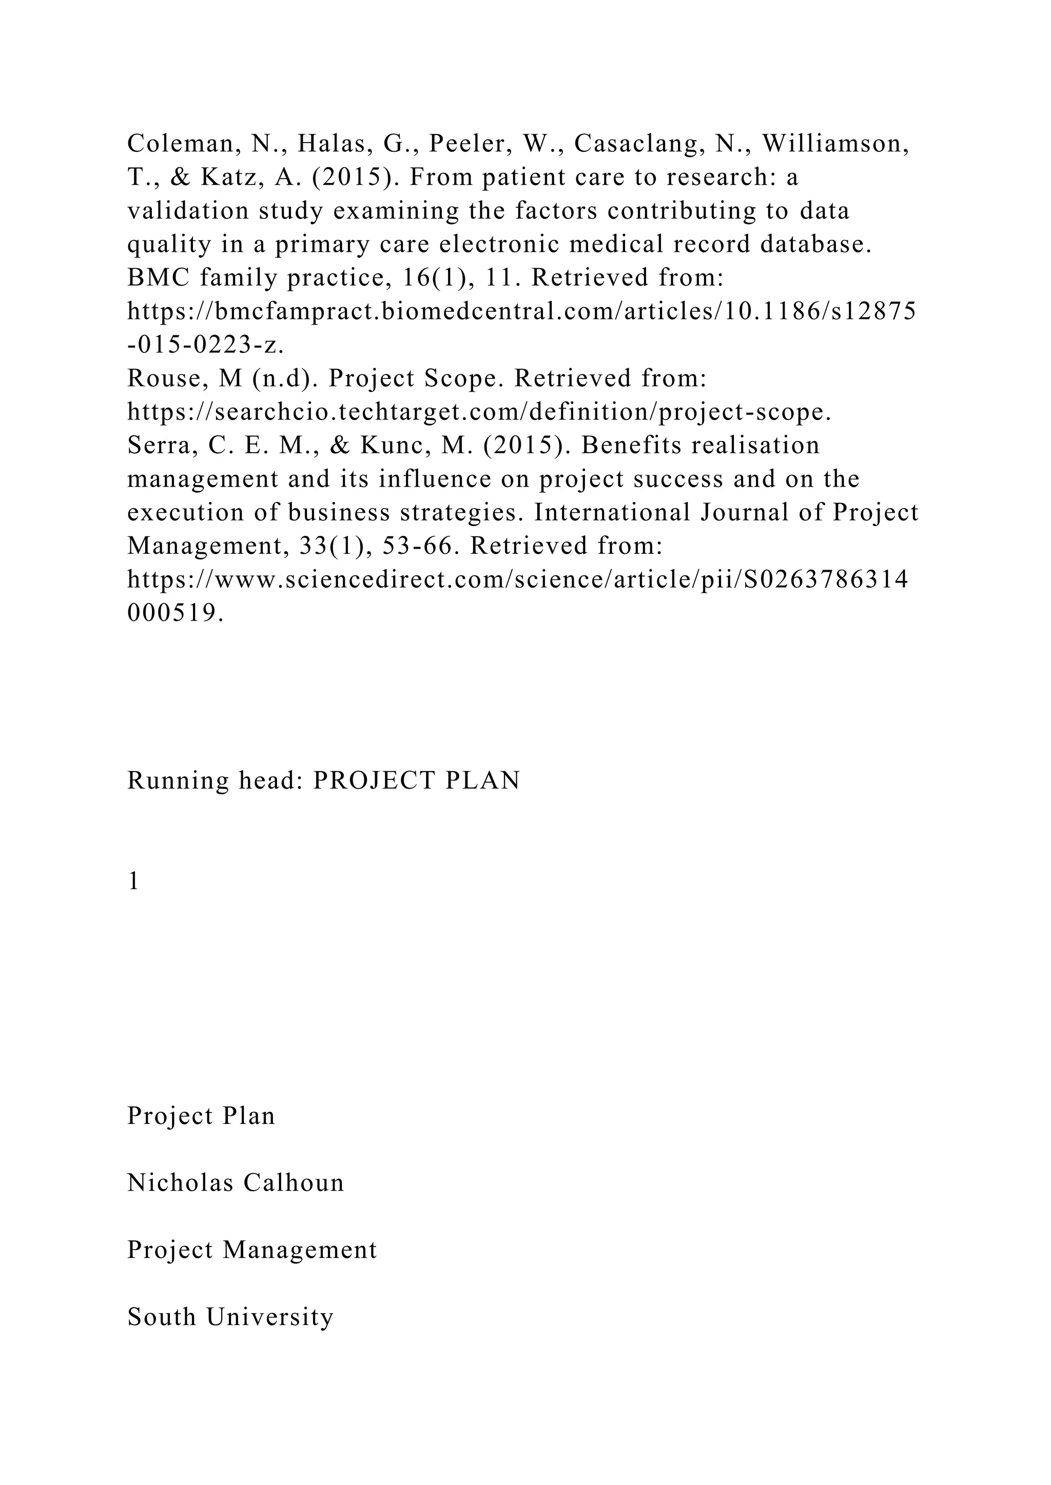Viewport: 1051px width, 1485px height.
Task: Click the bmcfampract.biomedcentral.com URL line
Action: [x=521, y=312]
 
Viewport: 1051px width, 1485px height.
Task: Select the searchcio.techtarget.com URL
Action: [x=479, y=412]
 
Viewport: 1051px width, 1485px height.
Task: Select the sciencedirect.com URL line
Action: [x=518, y=580]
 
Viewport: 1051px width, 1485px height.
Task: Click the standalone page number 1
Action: [x=134, y=881]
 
